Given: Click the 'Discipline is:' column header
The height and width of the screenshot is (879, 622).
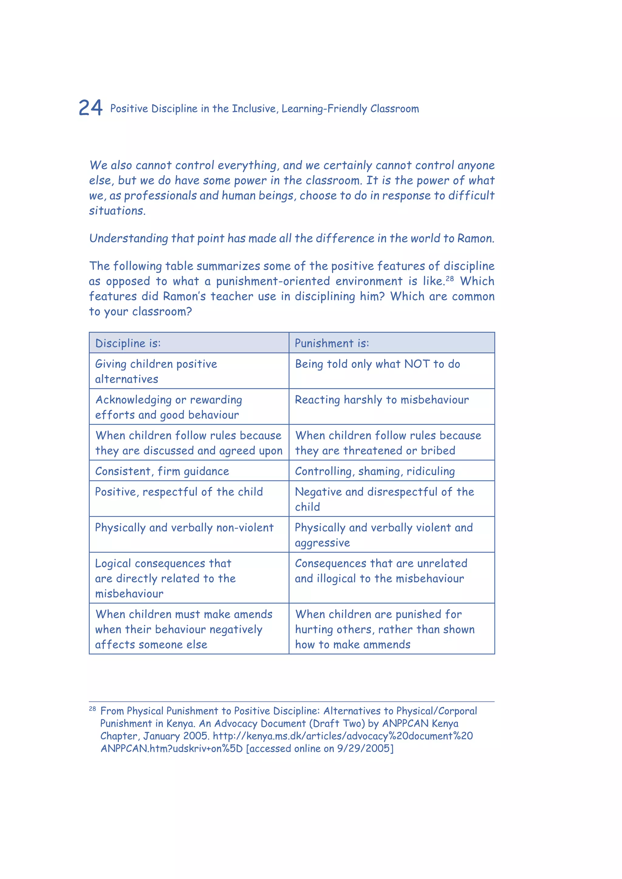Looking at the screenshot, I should pos(128,343).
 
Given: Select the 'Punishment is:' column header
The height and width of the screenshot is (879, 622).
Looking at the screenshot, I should pos(332,343).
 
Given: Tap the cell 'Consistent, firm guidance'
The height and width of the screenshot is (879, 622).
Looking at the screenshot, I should pos(162,471).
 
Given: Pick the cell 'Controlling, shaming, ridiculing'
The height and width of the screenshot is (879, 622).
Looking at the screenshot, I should pos(374,471).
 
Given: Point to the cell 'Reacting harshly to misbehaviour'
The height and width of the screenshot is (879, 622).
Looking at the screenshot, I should pos(381,400).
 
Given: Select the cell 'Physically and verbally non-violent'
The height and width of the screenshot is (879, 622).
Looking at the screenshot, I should pos(184,528).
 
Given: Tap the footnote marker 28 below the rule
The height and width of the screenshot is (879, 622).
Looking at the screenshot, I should pos(92,709).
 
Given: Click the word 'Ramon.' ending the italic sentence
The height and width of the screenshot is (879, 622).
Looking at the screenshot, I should pos(476,239).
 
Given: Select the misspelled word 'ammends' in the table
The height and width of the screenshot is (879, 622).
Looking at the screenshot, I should pos(387,645).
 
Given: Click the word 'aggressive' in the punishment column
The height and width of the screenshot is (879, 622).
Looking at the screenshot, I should pos(322,543).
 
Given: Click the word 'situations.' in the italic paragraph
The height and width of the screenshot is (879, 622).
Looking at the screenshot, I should pos(117,211).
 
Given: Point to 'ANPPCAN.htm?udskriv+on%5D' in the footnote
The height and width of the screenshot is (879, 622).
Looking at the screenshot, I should pos(172,748).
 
